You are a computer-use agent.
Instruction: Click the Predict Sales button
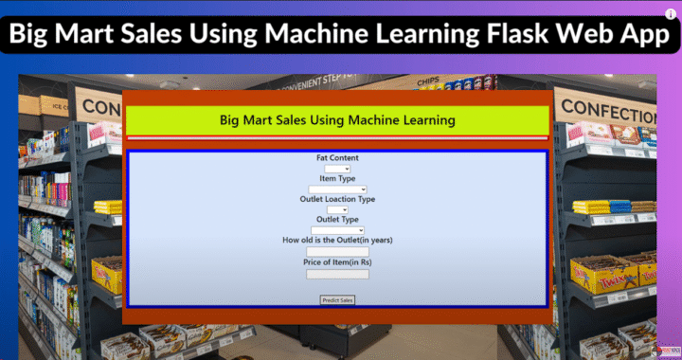pos(337,299)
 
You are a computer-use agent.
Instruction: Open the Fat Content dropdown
pos(337,169)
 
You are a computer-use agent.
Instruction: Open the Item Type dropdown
pos(337,189)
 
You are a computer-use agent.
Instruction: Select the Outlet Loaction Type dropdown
pos(337,209)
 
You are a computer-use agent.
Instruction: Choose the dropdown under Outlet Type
pos(337,229)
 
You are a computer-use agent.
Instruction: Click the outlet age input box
pos(337,251)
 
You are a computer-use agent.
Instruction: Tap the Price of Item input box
pos(337,274)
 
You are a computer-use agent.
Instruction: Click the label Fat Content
pos(337,157)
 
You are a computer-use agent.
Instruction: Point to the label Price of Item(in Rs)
pos(337,261)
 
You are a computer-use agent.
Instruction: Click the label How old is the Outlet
pos(337,241)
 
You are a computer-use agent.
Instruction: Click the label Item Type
pos(337,178)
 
